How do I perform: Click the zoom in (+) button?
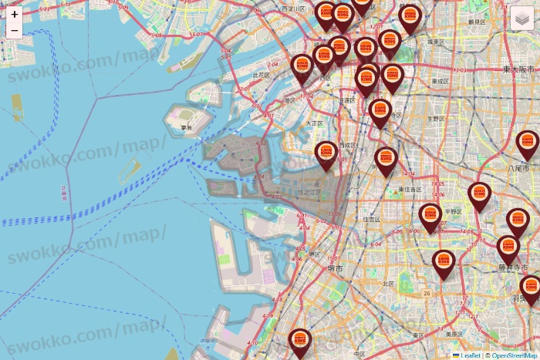pyautogui.click(x=15, y=14)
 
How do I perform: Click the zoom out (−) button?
pyautogui.click(x=15, y=31)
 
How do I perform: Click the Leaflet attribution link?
pyautogui.click(x=469, y=355)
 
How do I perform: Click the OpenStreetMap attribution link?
pyautogui.click(x=515, y=355)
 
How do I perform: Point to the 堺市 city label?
pyautogui.click(x=334, y=268)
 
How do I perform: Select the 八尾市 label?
pyautogui.click(x=518, y=167)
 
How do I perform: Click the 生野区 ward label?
pyautogui.click(x=436, y=119)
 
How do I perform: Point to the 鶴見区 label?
pyautogui.click(x=476, y=22)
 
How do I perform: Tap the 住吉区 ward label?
pyautogui.click(x=372, y=219)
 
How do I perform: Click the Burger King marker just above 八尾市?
pyautogui.click(x=528, y=143)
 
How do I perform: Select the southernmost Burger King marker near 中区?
pyautogui.click(x=300, y=341)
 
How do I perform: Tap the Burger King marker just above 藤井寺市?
pyautogui.click(x=508, y=248)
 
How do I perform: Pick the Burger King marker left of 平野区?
pyautogui.click(x=430, y=216)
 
